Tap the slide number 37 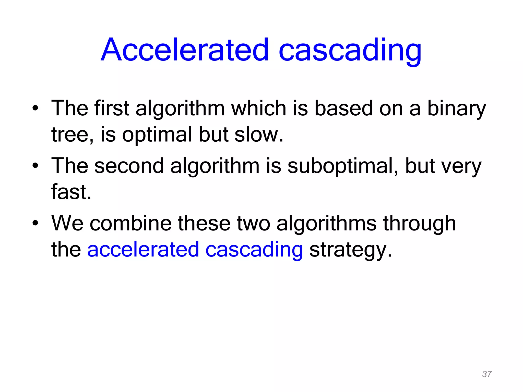487,374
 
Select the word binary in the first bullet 457,108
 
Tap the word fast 71,192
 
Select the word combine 130,223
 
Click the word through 419,223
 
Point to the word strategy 350,250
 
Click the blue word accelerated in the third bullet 143,250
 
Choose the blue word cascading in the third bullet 254,250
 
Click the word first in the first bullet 112,108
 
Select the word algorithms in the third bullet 326,223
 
